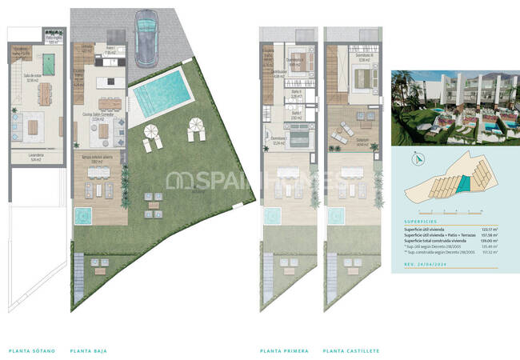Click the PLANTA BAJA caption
(x=89, y=350)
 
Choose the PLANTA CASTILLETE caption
(x=351, y=350)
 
